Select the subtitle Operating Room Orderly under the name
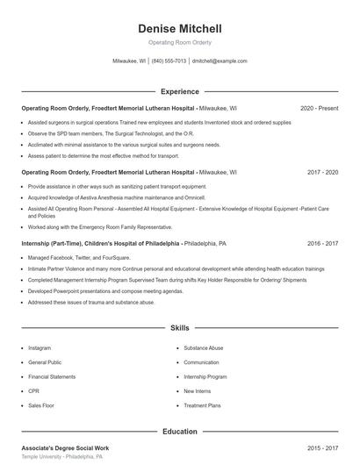point(180,42)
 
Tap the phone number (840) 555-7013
point(169,61)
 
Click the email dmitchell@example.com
point(220,61)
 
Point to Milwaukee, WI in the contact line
point(129,61)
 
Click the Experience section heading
point(180,91)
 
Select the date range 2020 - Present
point(319,108)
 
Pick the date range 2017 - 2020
point(322,173)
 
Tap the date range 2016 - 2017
point(322,243)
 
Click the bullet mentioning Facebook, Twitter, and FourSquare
point(79,258)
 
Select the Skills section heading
point(180,327)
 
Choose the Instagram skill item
point(40,347)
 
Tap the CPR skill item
point(34,391)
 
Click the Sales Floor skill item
point(41,405)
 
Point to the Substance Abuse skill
point(204,347)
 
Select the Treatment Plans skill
point(202,405)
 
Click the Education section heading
point(180,432)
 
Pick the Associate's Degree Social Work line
point(69,448)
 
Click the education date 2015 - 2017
point(322,448)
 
